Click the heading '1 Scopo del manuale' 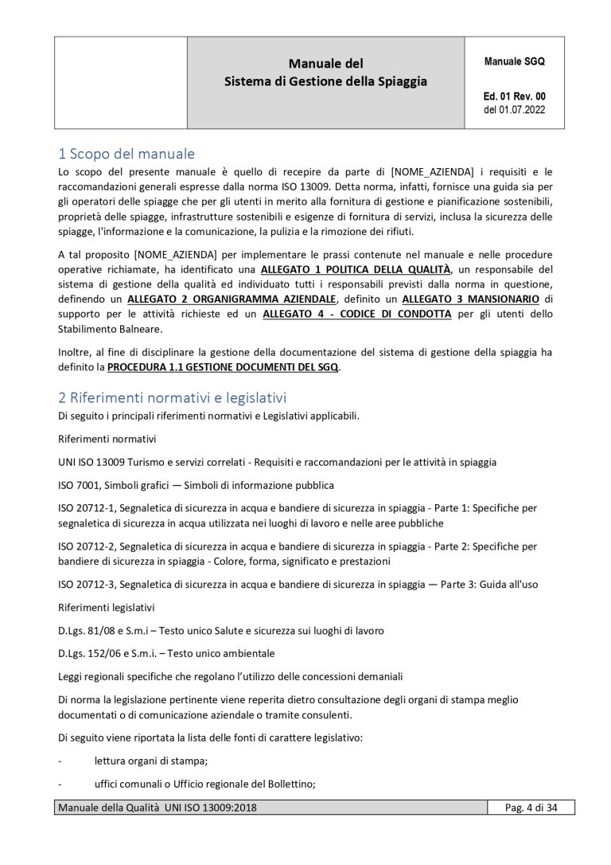(126, 153)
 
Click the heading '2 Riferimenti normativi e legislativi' (172, 397)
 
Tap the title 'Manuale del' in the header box (325, 63)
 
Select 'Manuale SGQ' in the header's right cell (515, 61)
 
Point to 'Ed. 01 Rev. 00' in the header (515, 95)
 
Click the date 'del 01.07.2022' (515, 109)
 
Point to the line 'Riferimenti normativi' (107, 438)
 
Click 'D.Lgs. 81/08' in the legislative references (91, 631)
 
